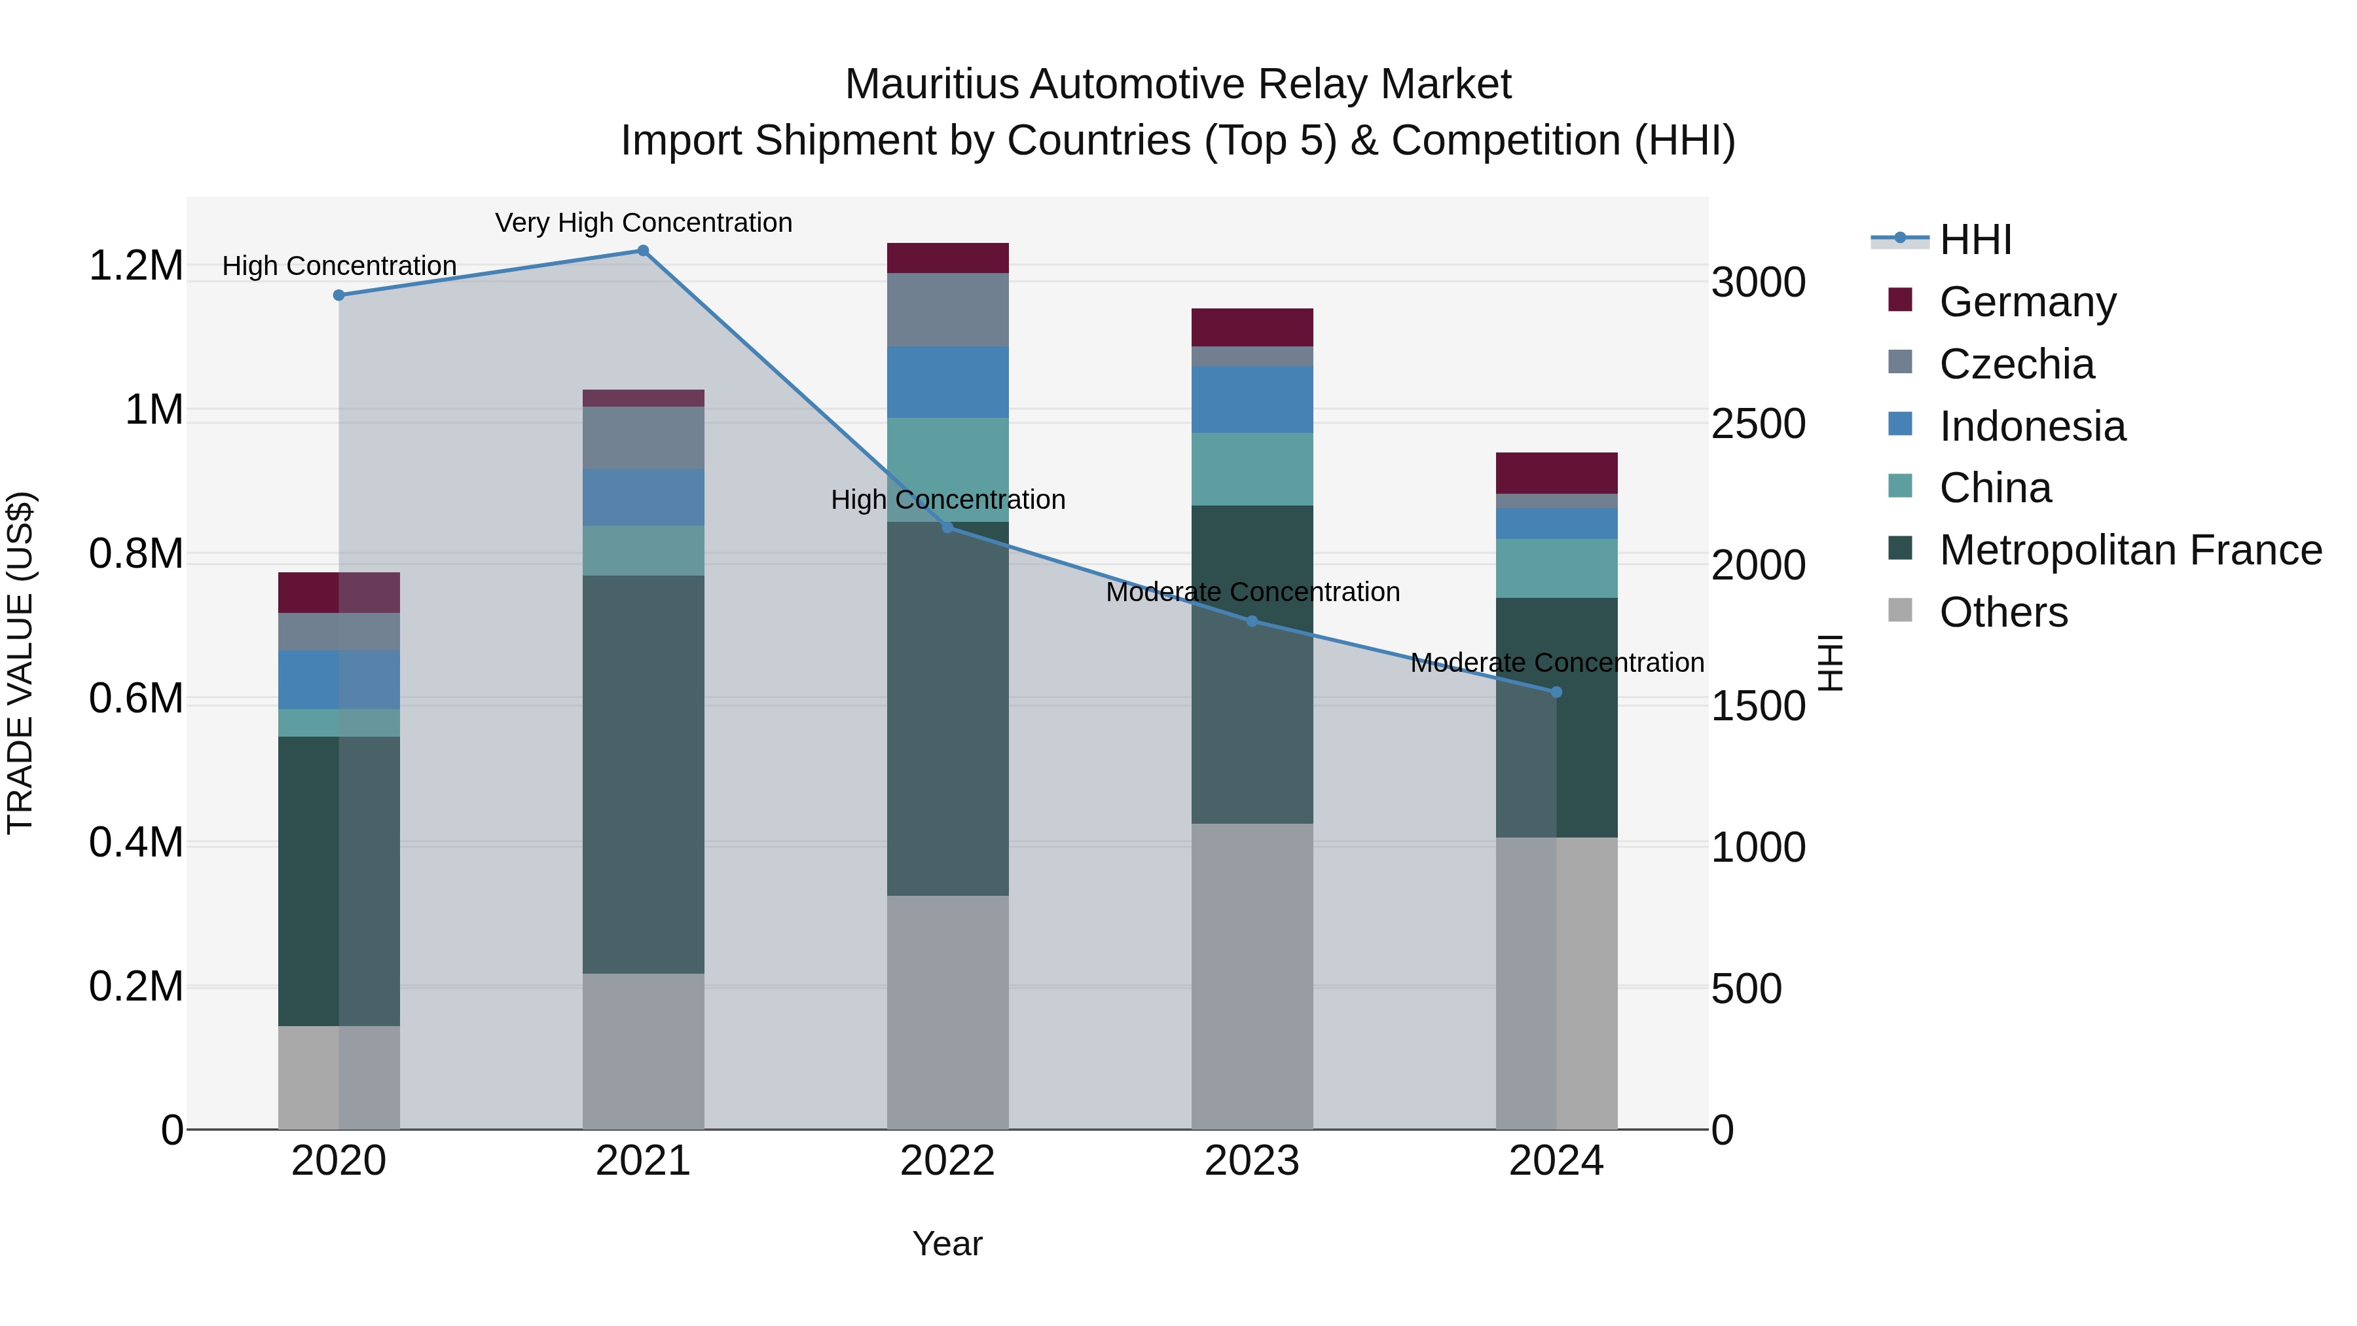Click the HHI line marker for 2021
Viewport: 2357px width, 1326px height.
642,251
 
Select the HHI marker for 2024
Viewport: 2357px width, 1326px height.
1556,692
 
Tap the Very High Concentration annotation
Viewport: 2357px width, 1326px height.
643,223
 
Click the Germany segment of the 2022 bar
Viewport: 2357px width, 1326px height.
948,258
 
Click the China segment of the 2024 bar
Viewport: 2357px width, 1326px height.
1556,568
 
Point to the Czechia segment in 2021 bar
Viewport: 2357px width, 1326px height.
643,437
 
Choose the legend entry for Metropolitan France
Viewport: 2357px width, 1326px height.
2130,550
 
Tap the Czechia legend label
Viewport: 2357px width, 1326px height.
2017,364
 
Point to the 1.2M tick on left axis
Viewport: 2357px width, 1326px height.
136,267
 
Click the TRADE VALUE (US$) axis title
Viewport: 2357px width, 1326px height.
20,663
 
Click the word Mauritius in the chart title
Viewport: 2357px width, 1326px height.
932,84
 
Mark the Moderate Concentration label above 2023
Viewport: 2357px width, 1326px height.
1252,592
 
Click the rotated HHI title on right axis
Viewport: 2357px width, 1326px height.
1830,663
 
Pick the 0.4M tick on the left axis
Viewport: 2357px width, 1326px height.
136,843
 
